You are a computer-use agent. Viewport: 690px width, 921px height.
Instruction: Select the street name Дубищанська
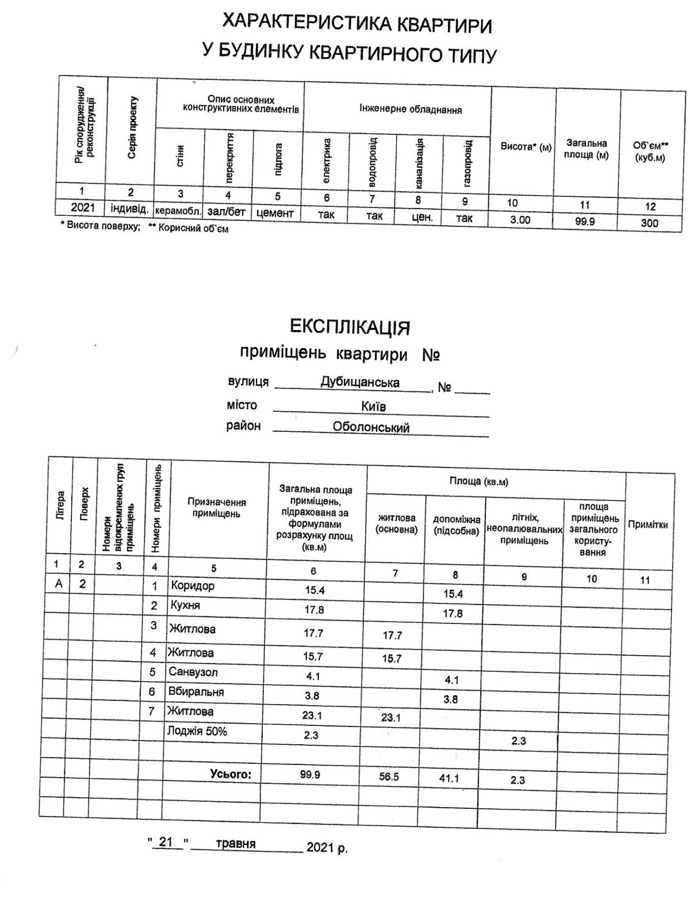(x=360, y=382)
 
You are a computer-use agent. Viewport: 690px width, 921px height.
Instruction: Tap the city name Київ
(x=373, y=406)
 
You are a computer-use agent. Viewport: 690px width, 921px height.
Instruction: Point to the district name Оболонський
(x=371, y=428)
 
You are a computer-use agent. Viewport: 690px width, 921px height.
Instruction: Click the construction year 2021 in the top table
(x=83, y=207)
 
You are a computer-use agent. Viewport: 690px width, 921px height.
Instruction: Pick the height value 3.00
(x=520, y=220)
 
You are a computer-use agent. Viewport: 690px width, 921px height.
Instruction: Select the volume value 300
(x=649, y=223)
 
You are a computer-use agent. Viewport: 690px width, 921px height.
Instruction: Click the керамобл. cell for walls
(x=178, y=211)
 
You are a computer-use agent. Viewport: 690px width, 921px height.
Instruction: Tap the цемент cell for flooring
(x=275, y=213)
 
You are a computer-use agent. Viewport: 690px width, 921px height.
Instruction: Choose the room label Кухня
(x=184, y=606)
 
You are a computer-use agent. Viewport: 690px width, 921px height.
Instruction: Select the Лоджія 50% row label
(x=197, y=732)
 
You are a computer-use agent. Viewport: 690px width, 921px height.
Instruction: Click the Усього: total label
(x=231, y=774)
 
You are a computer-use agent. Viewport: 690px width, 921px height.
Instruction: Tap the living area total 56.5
(x=389, y=777)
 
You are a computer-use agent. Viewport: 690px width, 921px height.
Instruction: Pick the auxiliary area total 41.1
(x=448, y=779)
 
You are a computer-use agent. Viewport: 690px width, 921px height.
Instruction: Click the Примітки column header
(x=647, y=524)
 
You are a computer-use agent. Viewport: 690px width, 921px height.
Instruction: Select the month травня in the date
(x=236, y=844)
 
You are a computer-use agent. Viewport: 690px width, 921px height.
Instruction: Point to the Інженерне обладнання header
(x=411, y=109)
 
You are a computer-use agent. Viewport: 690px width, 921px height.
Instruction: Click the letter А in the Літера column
(x=58, y=584)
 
